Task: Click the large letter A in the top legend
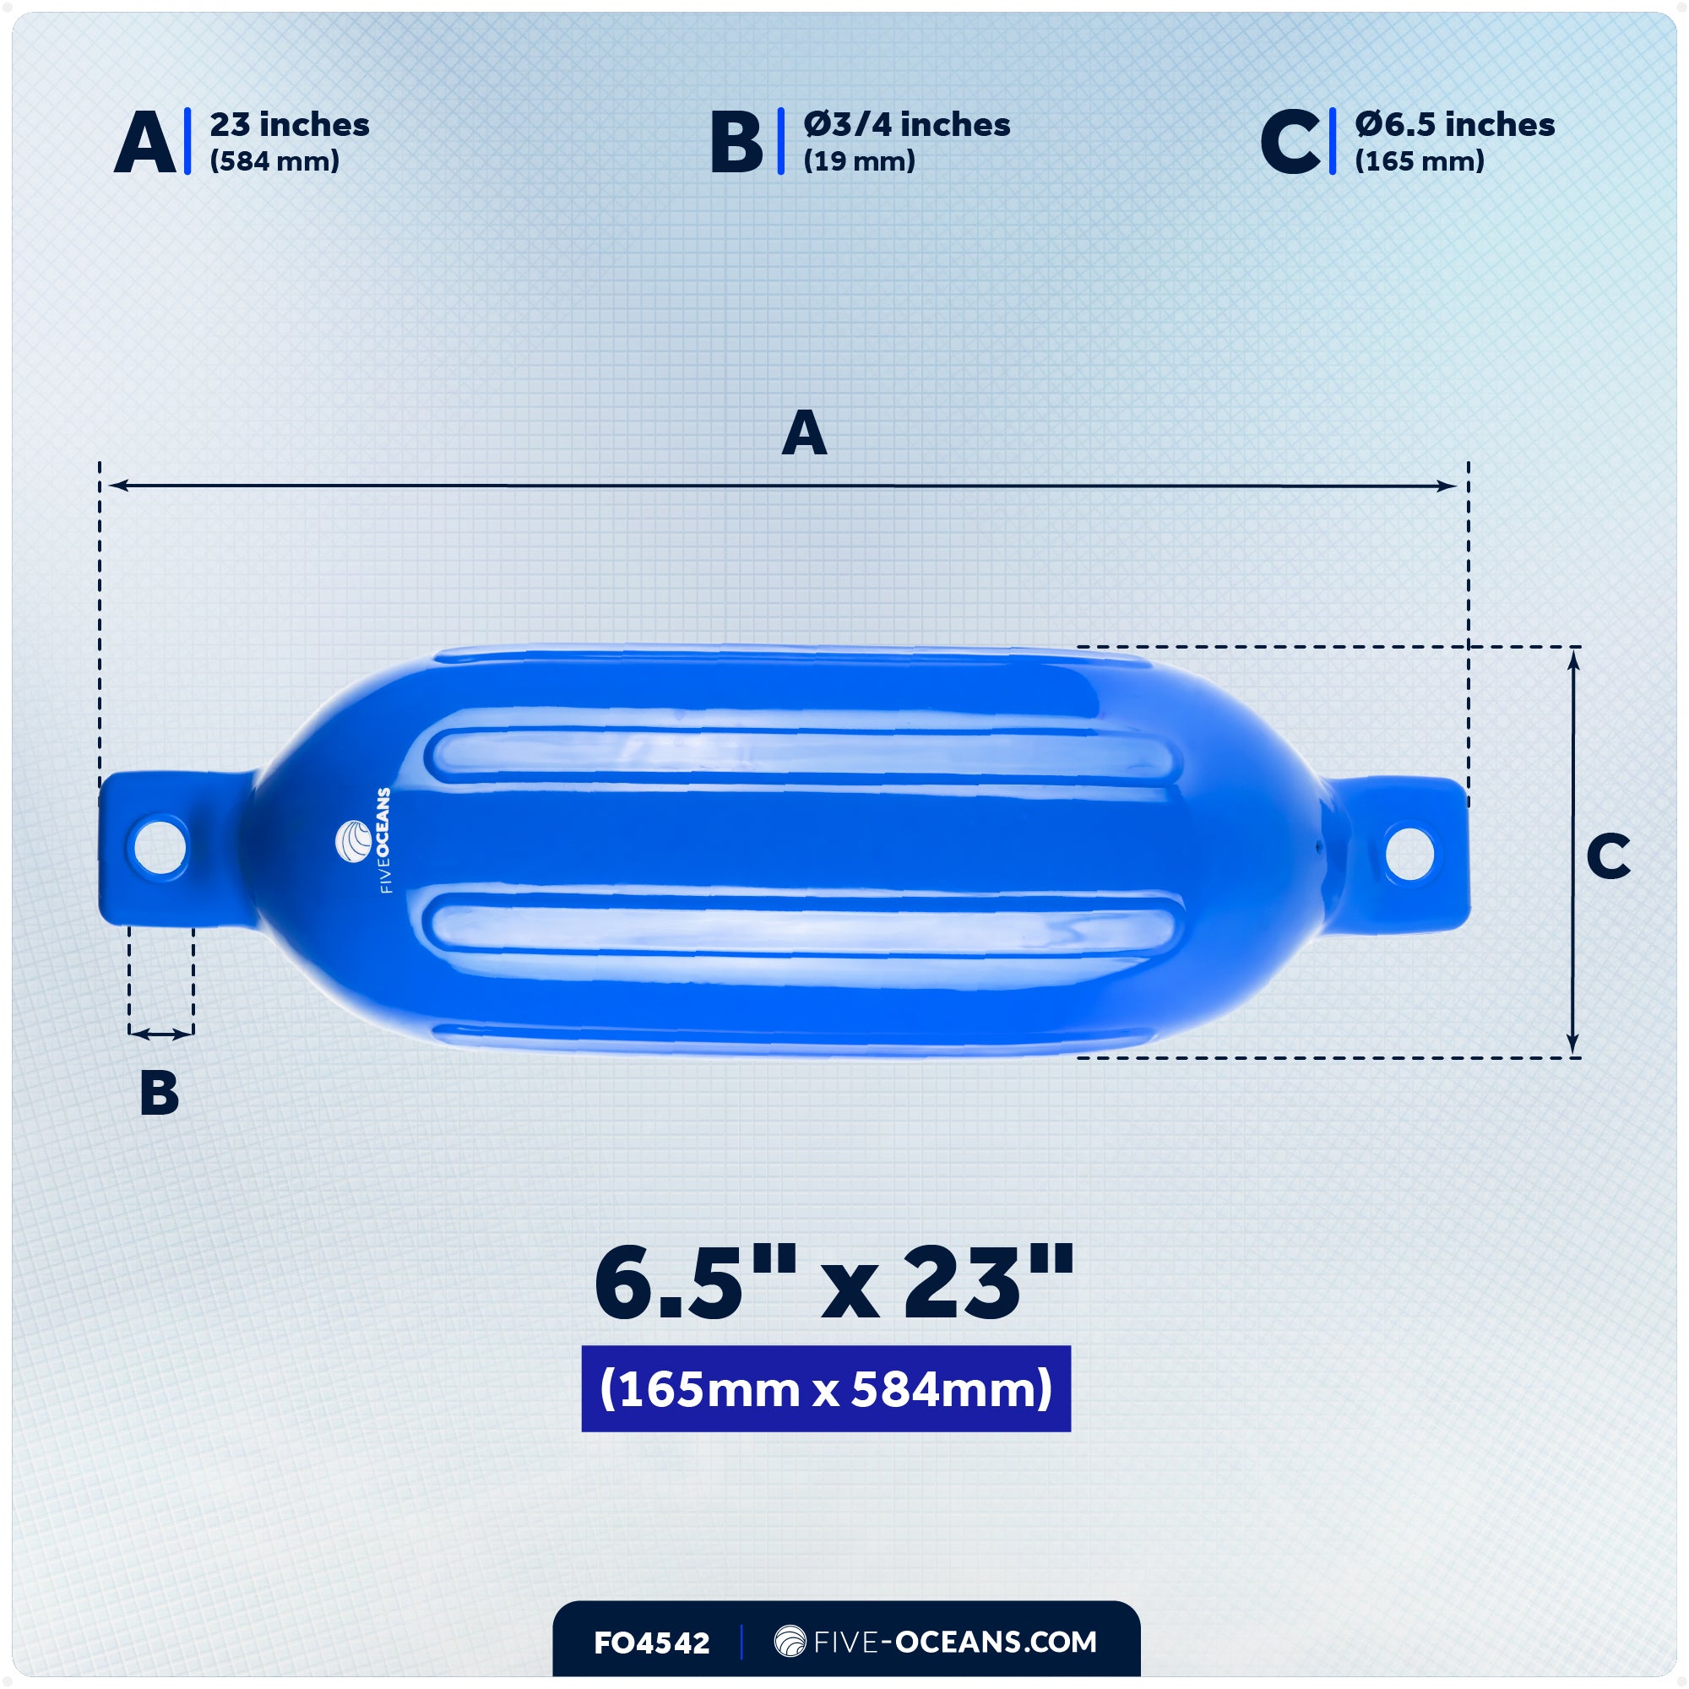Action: [144, 143]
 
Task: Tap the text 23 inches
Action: [290, 125]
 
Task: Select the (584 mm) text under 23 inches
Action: [274, 162]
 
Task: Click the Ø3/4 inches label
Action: [906, 125]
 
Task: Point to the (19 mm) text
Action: [859, 162]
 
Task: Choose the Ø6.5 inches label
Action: [1455, 125]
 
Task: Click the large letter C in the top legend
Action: [1290, 143]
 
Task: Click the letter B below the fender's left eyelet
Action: [159, 1093]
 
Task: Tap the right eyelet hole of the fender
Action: [1409, 852]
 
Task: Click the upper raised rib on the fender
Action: [802, 753]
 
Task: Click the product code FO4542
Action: [651, 1643]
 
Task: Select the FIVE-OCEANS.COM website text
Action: [936, 1642]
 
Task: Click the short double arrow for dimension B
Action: [160, 1035]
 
